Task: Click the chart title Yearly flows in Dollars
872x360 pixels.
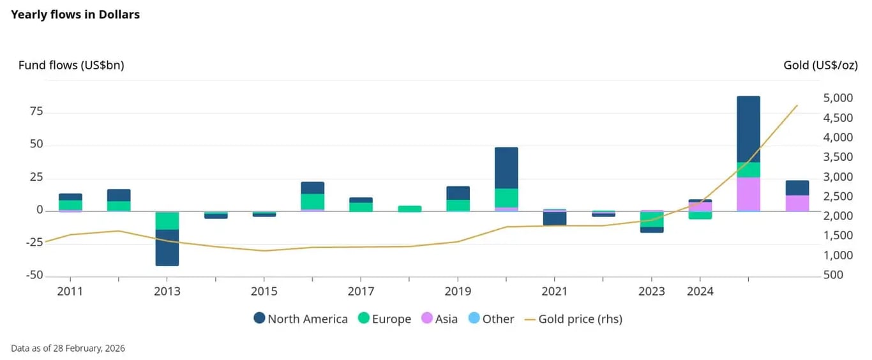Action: (x=75, y=14)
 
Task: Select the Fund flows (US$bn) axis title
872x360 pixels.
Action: (x=71, y=65)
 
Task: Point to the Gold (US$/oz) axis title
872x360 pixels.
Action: (x=820, y=65)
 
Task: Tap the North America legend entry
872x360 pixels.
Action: (x=301, y=319)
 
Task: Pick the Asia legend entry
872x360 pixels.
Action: (x=439, y=319)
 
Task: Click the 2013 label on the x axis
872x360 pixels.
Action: (x=167, y=292)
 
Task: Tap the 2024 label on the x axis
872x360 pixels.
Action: (x=700, y=292)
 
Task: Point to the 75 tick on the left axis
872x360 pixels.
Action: (x=36, y=112)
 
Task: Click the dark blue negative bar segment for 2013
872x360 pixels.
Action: (x=167, y=248)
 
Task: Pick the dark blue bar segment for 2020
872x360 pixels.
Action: (x=506, y=168)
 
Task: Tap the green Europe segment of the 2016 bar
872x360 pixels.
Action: (x=313, y=202)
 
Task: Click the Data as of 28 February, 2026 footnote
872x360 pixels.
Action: (x=68, y=349)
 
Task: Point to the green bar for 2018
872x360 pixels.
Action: (x=410, y=209)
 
